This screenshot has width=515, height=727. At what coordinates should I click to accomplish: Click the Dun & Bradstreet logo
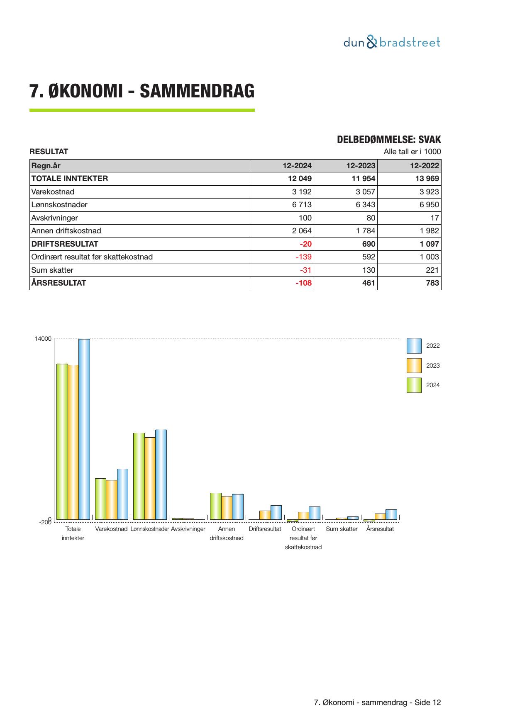pyautogui.click(x=392, y=42)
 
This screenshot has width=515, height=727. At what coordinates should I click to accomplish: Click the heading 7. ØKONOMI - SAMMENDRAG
pyautogui.click(x=142, y=91)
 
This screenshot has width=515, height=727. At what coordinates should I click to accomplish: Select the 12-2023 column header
pyautogui.click(x=361, y=166)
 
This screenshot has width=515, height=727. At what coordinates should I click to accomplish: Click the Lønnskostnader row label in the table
pyautogui.click(x=59, y=205)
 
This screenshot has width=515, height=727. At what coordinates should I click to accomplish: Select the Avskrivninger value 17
pyautogui.click(x=434, y=218)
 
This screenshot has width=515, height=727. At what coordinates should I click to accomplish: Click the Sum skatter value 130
pyautogui.click(x=369, y=270)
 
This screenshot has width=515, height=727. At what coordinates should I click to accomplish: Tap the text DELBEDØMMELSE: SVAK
pyautogui.click(x=389, y=140)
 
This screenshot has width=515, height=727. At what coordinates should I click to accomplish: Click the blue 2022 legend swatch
pyautogui.click(x=414, y=346)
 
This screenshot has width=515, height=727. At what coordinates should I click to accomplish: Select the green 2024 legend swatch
pyautogui.click(x=414, y=385)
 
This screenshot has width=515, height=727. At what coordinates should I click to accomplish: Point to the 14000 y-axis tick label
pyautogui.click(x=43, y=339)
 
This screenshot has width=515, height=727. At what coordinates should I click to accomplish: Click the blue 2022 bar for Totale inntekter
pyautogui.click(x=84, y=429)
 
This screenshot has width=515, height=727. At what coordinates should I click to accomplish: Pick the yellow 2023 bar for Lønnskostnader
pyautogui.click(x=150, y=478)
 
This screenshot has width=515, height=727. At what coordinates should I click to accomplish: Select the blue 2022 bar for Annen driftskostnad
pyautogui.click(x=237, y=506)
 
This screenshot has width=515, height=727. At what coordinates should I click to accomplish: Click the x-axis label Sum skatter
pyautogui.click(x=342, y=529)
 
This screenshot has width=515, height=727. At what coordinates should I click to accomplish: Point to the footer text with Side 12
pyautogui.click(x=378, y=703)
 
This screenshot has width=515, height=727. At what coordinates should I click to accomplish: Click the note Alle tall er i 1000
pyautogui.click(x=412, y=152)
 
